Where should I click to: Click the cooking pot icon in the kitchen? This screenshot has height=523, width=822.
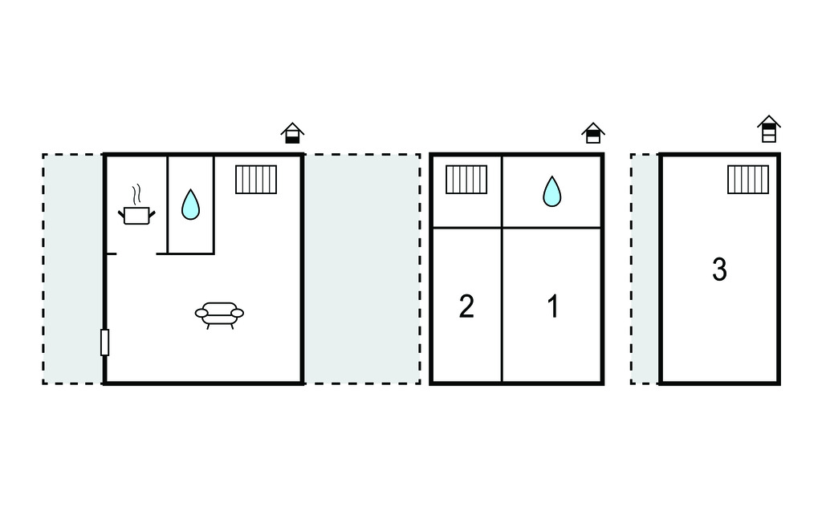(x=136, y=216)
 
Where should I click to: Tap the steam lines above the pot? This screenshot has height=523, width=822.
(x=136, y=194)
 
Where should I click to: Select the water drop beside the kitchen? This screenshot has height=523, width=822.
(x=190, y=204)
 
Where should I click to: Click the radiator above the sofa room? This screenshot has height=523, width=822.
(x=256, y=179)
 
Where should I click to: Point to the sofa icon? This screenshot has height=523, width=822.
(x=219, y=315)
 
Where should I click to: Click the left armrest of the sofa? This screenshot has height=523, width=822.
(x=201, y=313)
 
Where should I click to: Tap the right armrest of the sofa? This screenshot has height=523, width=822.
(x=237, y=313)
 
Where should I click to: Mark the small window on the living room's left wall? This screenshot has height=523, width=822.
(x=105, y=343)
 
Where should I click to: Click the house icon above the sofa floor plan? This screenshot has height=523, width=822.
(x=292, y=133)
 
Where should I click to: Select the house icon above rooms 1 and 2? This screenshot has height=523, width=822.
(x=593, y=133)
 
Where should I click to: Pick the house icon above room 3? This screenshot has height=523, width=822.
(x=768, y=129)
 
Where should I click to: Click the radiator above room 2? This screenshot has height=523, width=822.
(x=466, y=179)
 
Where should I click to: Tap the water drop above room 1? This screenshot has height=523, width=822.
(x=551, y=191)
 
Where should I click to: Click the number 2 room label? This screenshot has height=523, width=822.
(x=466, y=306)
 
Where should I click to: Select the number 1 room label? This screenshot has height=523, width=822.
(x=553, y=306)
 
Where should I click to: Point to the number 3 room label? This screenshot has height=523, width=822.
(x=719, y=270)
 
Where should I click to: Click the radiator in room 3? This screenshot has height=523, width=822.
(x=748, y=179)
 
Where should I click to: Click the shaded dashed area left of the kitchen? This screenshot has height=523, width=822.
(x=73, y=269)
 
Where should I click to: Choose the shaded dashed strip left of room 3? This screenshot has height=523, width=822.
(x=645, y=269)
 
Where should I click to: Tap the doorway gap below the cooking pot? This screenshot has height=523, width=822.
(x=136, y=253)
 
